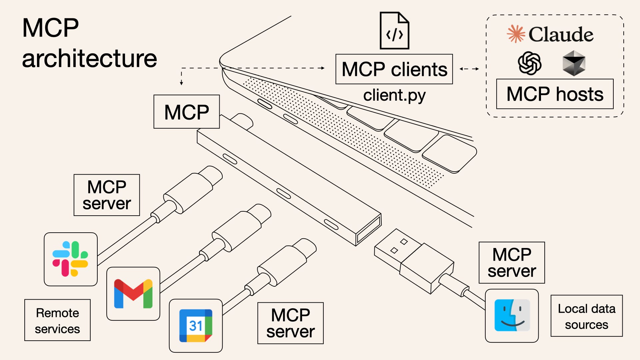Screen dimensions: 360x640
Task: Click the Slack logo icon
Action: (70, 259)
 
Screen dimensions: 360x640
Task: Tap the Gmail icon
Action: (133, 294)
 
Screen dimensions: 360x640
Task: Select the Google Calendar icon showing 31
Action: (196, 326)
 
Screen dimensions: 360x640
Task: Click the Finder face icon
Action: (512, 315)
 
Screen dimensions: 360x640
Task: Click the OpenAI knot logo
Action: (529, 63)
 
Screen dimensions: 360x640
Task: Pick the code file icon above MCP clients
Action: (394, 31)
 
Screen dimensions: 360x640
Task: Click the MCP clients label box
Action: (394, 69)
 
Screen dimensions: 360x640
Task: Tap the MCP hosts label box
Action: (555, 94)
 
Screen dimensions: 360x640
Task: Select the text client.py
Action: (394, 95)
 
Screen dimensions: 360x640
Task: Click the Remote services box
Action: (57, 320)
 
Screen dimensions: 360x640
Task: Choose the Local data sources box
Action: (586, 316)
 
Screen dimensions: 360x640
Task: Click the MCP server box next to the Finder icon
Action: (512, 263)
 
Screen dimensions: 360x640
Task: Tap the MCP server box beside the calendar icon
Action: (290, 323)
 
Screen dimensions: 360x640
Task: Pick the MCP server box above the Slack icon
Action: (107, 195)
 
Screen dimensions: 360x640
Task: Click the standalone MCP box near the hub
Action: (186, 112)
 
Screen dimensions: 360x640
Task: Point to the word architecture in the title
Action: (89, 59)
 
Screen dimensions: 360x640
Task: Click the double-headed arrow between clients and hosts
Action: (469, 69)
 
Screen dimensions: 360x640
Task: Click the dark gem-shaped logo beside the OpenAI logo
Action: (574, 63)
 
